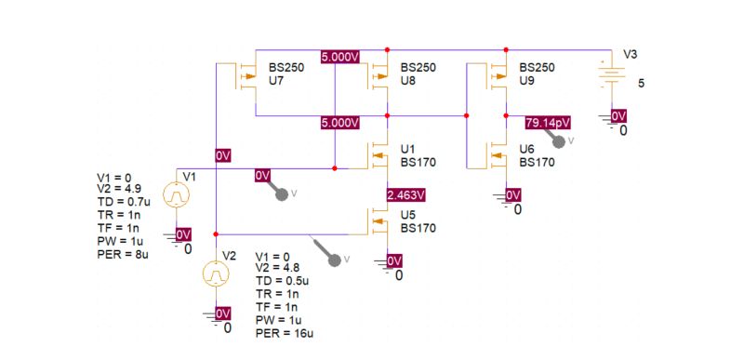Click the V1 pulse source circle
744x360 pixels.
177,195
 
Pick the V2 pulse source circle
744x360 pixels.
216,274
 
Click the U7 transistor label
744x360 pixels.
276,82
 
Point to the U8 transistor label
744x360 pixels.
407,82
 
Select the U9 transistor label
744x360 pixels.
527,82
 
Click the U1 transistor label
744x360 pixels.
408,149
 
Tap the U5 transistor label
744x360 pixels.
408,215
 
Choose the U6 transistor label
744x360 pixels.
527,149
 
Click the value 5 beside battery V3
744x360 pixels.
641,83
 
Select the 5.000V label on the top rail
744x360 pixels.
339,57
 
